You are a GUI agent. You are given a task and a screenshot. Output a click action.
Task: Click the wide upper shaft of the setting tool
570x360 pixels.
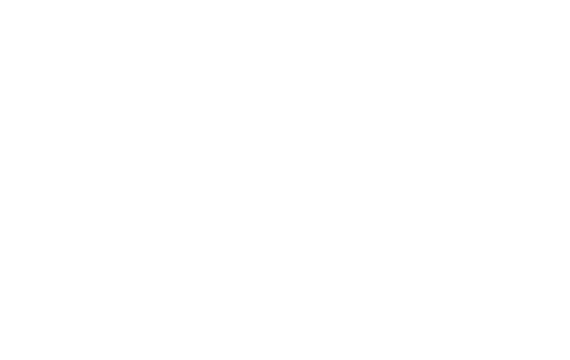pyautogui.click(x=309, y=40)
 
